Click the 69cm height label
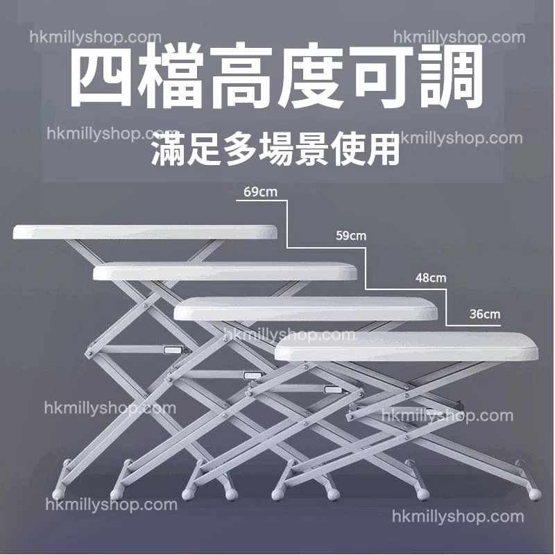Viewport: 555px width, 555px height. click(260, 192)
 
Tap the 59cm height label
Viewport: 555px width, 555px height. click(351, 235)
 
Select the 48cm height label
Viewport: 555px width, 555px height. click(431, 278)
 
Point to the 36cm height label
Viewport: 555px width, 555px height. click(485, 314)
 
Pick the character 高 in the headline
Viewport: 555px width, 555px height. click(241, 76)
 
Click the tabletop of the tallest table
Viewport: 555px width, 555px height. click(145, 232)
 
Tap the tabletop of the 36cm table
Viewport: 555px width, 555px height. click(407, 346)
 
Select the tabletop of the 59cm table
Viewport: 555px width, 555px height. click(225, 271)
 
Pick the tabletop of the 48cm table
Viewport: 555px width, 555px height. click(306, 309)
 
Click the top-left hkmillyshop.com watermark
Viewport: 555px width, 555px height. click(96, 37)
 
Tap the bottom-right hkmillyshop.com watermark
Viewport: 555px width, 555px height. click(458, 517)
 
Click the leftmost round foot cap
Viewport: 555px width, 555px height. click(58, 494)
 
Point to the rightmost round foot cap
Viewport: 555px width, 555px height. click(535, 494)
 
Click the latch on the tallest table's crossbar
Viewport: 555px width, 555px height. click(173, 350)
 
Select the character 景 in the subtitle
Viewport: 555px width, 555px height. click(311, 151)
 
